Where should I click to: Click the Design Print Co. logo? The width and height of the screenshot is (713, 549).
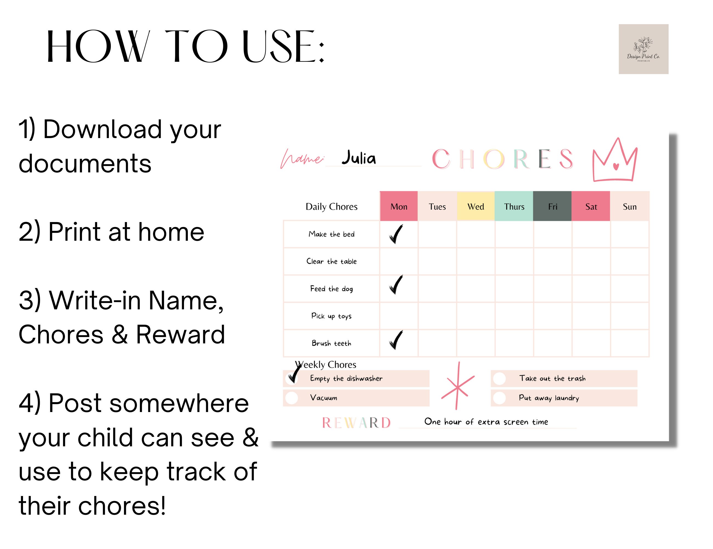[x=643, y=49]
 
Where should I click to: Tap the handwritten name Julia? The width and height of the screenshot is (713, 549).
[x=359, y=158]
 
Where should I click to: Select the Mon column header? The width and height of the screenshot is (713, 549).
[x=399, y=206]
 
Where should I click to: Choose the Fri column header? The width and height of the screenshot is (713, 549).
[x=552, y=206]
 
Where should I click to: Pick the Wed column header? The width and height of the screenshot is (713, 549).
[x=476, y=206]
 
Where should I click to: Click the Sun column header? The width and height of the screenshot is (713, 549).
[x=629, y=206]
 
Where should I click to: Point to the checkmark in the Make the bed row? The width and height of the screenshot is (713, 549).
[x=396, y=234]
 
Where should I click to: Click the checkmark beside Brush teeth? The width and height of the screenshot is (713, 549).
[x=396, y=340]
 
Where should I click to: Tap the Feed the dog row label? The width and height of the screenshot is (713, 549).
[x=331, y=289]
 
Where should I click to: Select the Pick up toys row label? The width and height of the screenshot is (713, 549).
[x=331, y=316]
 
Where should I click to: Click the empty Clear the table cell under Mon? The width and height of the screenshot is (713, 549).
[x=399, y=261]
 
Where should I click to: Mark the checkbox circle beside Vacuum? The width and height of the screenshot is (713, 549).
[x=292, y=398]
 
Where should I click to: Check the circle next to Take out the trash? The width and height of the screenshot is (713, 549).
[x=499, y=379]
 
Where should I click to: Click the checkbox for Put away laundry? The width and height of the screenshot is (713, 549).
[x=499, y=398]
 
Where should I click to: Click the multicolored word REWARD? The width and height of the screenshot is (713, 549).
[x=356, y=423]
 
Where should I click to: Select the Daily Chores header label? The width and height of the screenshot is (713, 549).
[x=331, y=206]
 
